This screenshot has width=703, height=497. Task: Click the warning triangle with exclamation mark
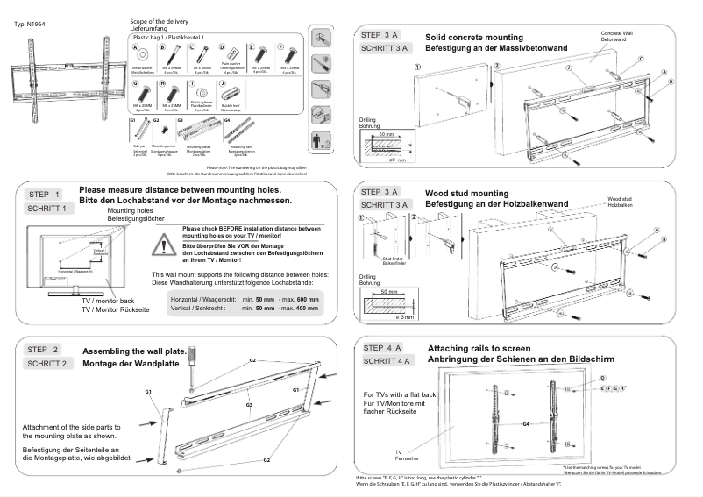point(165,243)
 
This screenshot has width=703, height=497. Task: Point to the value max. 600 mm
point(296,299)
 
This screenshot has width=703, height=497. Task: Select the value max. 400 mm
point(296,309)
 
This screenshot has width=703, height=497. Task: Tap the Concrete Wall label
point(616,33)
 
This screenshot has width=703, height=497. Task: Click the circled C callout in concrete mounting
point(642,58)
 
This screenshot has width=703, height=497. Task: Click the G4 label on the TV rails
point(525,423)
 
